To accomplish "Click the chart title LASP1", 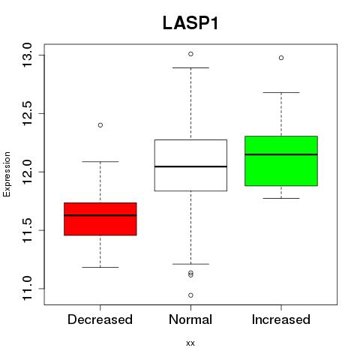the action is (190, 23).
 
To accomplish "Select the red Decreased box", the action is (100, 219).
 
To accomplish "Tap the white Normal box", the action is (190, 165).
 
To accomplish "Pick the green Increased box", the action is (281, 161).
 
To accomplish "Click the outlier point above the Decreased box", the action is (100, 125).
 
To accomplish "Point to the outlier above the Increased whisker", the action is (281, 58).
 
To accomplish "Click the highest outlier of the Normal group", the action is (190, 54).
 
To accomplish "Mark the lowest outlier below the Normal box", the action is (190, 295).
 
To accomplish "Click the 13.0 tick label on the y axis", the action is (27, 55).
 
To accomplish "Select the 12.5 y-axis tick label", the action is (27, 113).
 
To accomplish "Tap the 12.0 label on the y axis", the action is (27, 172).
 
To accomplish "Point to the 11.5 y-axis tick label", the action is (27, 230).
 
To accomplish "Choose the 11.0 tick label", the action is (27, 289).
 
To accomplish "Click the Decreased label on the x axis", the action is (100, 319).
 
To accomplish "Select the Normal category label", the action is (190, 319).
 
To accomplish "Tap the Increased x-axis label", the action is (281, 319).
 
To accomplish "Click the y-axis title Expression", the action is (7, 174).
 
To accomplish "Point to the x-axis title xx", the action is (190, 343).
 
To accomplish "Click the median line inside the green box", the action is (281, 154).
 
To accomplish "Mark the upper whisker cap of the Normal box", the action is (190, 67).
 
